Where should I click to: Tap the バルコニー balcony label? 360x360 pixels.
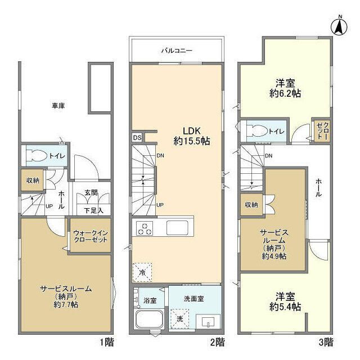coord(176,51)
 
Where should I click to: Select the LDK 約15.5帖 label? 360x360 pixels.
coord(191,136)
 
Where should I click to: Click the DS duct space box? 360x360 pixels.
coord(137,138)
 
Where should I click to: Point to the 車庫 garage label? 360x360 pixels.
coord(58,106)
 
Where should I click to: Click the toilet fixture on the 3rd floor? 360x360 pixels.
coord(258,131)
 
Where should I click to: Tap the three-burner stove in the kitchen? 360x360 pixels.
coord(145,228)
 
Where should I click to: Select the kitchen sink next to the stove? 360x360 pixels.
coord(177,228)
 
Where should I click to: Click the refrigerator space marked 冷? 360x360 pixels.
coord(142,272)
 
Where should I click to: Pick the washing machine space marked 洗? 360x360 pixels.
coord(180,319)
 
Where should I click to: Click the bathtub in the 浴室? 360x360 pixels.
coord(149,319)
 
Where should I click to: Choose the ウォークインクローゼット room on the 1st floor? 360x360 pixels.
coord(91,235)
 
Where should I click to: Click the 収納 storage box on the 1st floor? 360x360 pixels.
coord(33,180)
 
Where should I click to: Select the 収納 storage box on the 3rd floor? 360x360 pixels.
coord(251,204)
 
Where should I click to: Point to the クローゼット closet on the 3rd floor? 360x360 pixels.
coord(322,130)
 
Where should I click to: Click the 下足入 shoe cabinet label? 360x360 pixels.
coord(93,210)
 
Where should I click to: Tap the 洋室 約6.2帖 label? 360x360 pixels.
coord(285,88)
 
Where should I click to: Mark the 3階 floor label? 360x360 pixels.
coord(326,343)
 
